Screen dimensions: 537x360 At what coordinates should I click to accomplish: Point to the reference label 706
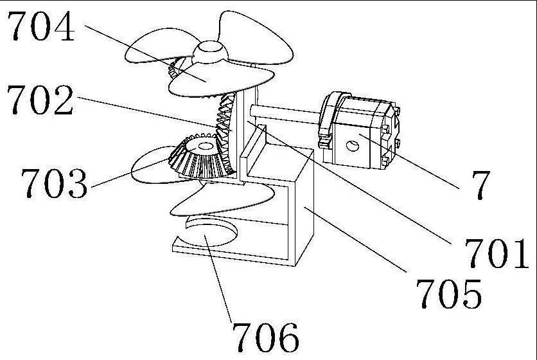265,336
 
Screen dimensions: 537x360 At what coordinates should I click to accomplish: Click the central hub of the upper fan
210,51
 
